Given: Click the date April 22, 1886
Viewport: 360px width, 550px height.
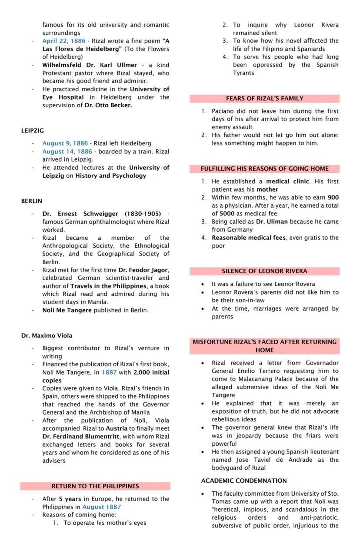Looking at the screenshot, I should (x=64, y=41).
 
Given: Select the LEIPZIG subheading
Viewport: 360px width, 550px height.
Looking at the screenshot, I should (x=32, y=130).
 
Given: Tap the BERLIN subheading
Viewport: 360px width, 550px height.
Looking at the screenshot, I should (x=31, y=201).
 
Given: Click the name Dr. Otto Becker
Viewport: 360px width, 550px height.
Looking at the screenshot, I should (x=113, y=105).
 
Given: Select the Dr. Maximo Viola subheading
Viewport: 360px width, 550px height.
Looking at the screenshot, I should (x=47, y=336).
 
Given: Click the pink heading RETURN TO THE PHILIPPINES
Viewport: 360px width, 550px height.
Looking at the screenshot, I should (x=95, y=486).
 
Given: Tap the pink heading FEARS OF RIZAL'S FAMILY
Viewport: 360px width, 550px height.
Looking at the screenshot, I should (x=264, y=99).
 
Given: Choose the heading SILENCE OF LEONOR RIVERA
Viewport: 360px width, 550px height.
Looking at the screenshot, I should (x=264, y=271).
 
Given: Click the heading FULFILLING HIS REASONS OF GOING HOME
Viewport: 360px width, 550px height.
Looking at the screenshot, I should (x=264, y=169).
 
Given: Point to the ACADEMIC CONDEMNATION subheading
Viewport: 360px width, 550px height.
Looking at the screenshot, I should (x=243, y=481).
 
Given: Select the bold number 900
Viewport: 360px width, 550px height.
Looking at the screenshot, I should (x=333, y=198).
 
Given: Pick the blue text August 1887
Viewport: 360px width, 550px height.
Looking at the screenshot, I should (x=101, y=507).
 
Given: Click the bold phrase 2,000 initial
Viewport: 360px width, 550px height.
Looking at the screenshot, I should (x=151, y=373).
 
